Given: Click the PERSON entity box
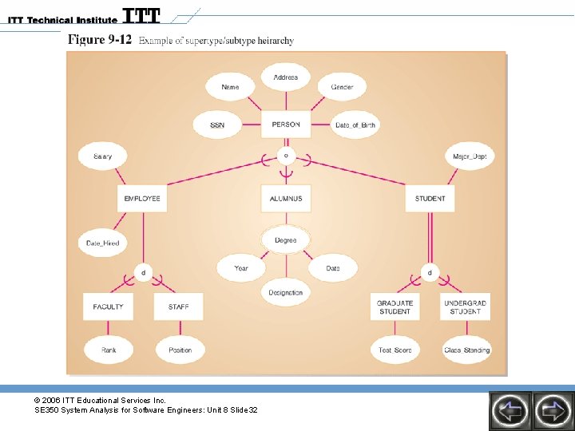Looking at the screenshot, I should tap(286, 125).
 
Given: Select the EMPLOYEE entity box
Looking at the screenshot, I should tap(142, 198).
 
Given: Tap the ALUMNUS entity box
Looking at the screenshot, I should tap(286, 198).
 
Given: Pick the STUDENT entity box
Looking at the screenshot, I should tap(430, 198).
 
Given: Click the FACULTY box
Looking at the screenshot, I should tap(109, 306).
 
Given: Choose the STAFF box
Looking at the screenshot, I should tap(179, 306).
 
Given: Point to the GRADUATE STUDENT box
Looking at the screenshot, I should tap(395, 307).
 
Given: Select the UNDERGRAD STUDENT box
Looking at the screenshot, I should tap(466, 307).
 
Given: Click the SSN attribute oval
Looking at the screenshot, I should tap(217, 125).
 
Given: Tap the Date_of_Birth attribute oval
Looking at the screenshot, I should tap(355, 125).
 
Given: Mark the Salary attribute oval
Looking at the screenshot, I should tap(102, 156).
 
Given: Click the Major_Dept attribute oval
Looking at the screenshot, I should tap(469, 156).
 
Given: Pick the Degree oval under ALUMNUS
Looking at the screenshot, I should tap(285, 240).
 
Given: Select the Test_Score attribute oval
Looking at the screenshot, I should tap(395, 350).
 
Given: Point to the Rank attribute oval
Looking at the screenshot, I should tap(109, 350).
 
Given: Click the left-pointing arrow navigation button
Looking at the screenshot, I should tap(510, 410).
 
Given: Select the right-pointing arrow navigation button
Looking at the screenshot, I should tap(553, 410).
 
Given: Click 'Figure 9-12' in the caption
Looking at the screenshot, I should tap(100, 40).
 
